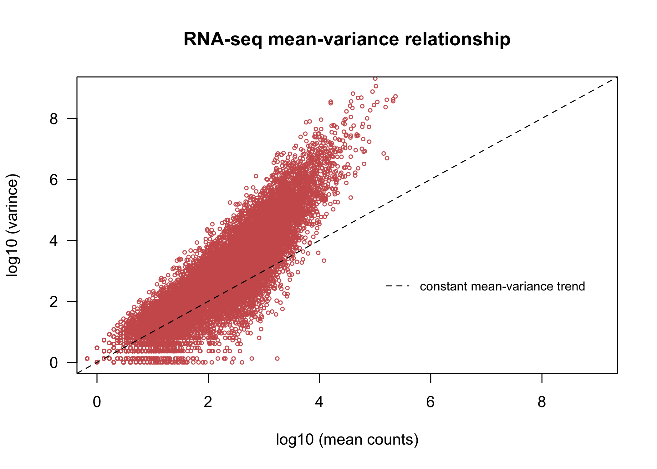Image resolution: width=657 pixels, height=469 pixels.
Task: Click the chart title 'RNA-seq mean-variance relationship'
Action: [347, 39]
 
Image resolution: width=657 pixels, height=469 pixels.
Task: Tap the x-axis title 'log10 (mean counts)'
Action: [347, 440]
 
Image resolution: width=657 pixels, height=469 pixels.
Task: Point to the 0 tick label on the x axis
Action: [97, 402]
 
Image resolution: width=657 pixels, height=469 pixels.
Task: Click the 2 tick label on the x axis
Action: [208, 402]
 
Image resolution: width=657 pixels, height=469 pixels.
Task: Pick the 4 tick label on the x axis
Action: [319, 402]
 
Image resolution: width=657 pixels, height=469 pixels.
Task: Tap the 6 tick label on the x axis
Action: [430, 402]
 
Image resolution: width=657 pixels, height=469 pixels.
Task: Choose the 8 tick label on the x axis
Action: [542, 402]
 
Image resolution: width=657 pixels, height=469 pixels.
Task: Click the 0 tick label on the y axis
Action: [54, 363]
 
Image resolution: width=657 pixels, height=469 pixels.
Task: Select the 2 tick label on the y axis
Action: [54, 302]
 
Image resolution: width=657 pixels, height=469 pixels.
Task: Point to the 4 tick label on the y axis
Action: [54, 241]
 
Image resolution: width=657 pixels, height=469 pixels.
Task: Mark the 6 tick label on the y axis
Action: [54, 180]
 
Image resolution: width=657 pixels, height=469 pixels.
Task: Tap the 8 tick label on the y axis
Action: [54, 119]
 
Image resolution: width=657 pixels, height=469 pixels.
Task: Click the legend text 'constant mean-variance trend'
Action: [502, 286]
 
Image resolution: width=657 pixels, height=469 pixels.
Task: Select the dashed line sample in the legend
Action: [398, 286]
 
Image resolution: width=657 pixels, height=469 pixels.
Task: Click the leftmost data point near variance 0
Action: [87, 358]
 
